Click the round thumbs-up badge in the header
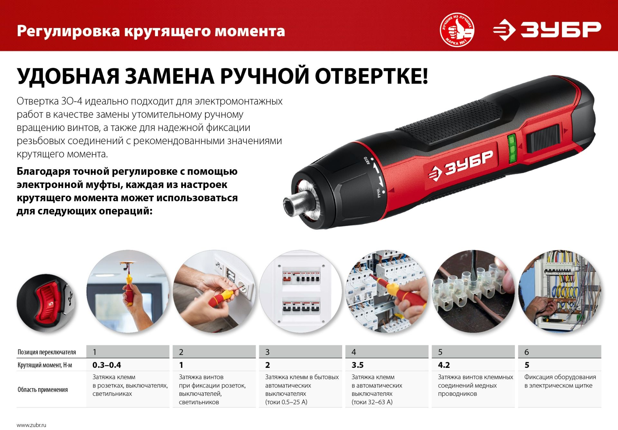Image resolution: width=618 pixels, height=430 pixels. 457,30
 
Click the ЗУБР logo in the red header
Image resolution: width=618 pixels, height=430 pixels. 547,30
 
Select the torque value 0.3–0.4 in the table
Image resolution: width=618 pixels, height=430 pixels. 107,365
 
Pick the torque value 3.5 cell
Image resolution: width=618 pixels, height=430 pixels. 357,365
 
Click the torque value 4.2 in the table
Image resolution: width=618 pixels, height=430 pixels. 444,365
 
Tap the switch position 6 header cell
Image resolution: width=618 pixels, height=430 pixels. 559,352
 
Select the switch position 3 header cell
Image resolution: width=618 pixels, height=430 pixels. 300,352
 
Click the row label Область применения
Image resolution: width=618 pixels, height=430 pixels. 43,390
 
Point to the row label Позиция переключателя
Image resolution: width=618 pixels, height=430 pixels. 47,352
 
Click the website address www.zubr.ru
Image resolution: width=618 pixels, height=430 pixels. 32,425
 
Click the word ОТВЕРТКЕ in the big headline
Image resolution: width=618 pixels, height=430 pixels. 371,76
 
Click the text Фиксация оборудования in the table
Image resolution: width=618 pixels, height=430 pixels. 560,377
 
